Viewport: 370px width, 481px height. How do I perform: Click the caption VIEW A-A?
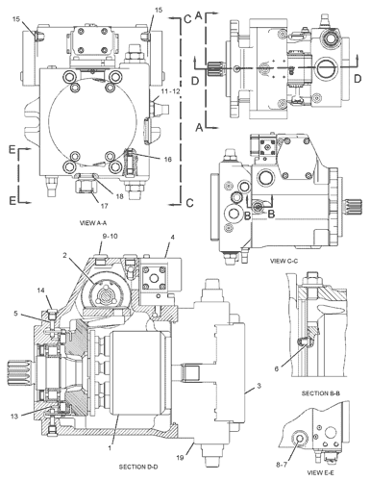[x=91, y=223]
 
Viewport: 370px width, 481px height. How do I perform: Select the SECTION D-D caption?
[x=138, y=467]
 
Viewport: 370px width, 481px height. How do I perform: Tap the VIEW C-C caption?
[x=284, y=261]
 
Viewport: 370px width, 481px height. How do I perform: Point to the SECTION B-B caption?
[x=320, y=393]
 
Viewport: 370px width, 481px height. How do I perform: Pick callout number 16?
[x=168, y=159]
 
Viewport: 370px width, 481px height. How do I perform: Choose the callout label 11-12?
[x=170, y=91]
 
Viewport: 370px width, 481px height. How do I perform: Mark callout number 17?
[x=105, y=206]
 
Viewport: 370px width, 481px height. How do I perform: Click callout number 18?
[x=119, y=196]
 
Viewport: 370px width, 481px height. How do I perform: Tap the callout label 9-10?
[x=110, y=237]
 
